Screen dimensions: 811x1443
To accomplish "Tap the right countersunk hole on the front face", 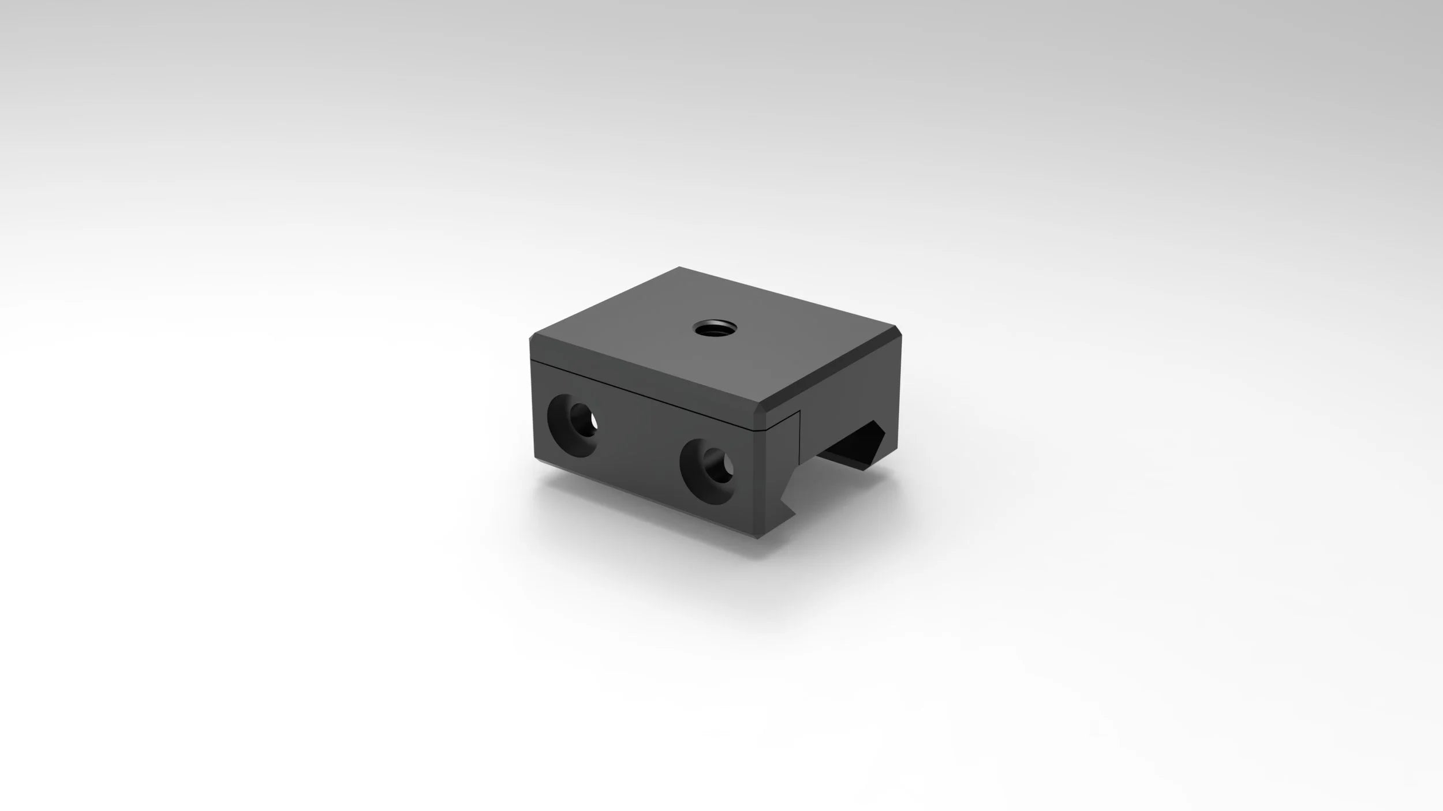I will coord(708,465).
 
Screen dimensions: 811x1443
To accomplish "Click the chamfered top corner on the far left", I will coord(533,340).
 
